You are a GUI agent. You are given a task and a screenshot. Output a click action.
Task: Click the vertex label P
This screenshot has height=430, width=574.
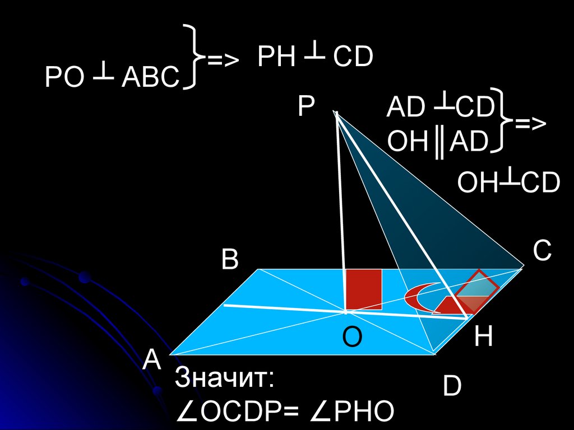pos(307,106)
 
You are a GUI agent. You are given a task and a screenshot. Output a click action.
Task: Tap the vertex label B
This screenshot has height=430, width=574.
pos(230,260)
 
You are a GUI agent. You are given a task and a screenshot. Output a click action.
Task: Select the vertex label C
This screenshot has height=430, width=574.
pos(543,251)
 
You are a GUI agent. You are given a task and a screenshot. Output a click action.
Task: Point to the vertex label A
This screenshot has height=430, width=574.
pos(151,359)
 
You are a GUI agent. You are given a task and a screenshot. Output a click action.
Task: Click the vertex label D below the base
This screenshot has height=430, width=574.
pos(452,386)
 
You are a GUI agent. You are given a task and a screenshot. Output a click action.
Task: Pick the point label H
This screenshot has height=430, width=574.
pos(483,337)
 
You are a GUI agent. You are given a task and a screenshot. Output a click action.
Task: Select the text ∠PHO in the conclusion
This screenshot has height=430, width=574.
pos(346,413)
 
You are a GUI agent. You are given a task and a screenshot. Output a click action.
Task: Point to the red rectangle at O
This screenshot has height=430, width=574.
pos(363,289)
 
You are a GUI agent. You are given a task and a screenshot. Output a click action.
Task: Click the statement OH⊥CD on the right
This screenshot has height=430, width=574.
pos(508,183)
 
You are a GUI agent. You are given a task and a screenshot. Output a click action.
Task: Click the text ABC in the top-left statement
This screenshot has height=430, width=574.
pos(150,78)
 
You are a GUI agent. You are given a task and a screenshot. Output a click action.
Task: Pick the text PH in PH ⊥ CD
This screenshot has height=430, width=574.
pos(276,58)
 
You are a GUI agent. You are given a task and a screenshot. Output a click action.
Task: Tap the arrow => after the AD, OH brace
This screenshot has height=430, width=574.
pos(530,124)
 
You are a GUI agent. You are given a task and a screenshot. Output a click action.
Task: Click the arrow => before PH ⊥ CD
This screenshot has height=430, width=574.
pos(223,59)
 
